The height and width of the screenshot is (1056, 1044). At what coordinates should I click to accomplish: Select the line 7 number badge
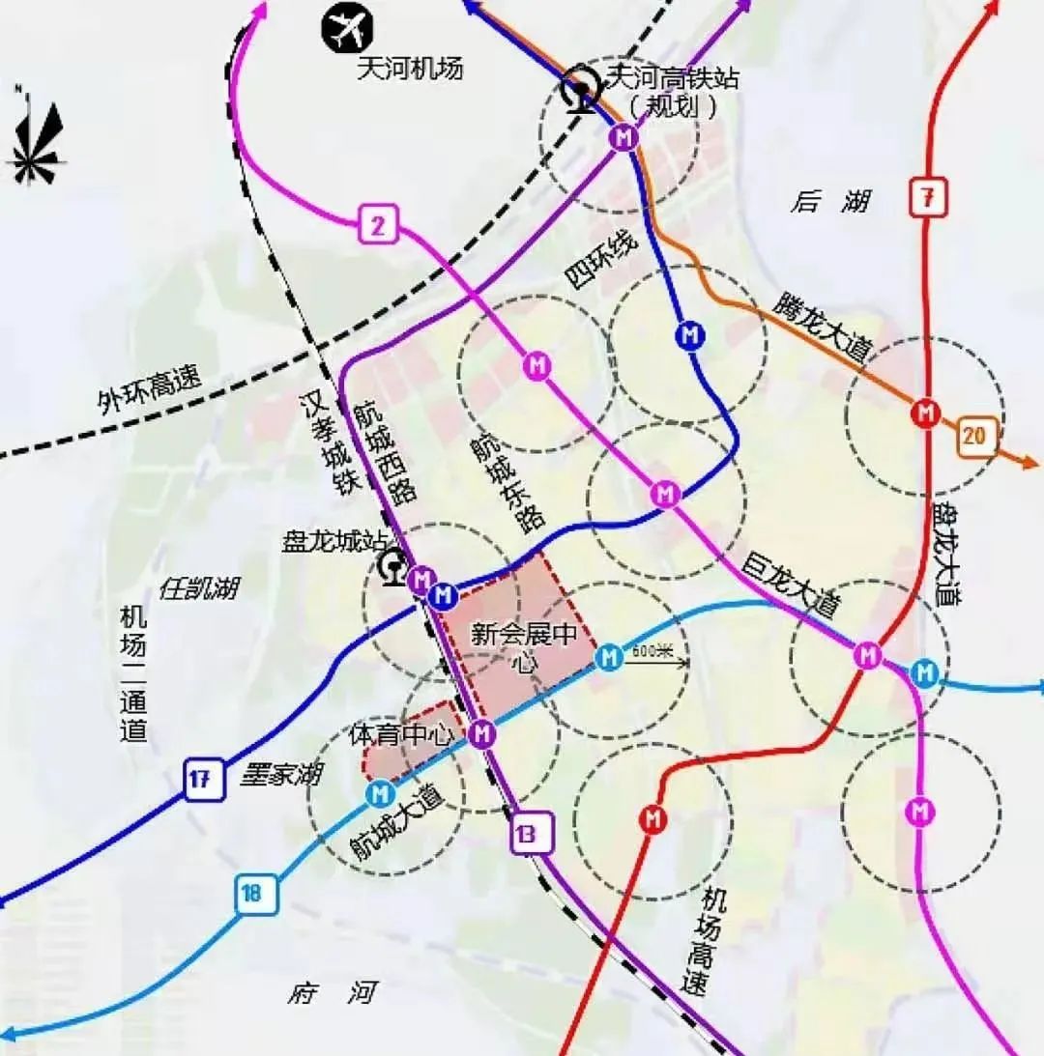tap(926, 198)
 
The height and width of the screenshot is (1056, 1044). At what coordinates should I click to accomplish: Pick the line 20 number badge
tap(974, 436)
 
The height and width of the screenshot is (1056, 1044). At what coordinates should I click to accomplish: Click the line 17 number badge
tap(199, 779)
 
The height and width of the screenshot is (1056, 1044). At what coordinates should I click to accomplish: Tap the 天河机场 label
tap(410, 69)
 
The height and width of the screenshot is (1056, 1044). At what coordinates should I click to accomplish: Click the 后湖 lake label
tap(829, 201)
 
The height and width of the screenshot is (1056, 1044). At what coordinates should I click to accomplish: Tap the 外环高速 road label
tap(149, 388)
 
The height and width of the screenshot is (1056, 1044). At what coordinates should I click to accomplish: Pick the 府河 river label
tap(332, 992)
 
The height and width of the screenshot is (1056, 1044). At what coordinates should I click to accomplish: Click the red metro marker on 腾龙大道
tap(926, 414)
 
